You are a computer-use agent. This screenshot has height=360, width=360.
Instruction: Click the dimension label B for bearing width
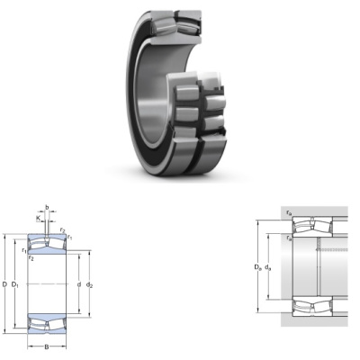(x=47, y=347)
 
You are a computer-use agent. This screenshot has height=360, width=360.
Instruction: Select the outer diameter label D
(x=4, y=283)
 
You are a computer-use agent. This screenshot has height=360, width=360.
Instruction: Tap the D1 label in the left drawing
(x=15, y=284)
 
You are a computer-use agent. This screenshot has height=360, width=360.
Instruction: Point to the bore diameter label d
(x=79, y=284)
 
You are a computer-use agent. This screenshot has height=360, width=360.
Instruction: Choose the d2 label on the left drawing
(x=89, y=284)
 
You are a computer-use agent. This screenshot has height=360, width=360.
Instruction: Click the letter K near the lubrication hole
(x=38, y=218)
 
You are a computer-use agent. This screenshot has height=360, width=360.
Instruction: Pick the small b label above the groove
(x=47, y=207)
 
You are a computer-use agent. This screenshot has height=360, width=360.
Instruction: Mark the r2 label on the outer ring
(x=62, y=230)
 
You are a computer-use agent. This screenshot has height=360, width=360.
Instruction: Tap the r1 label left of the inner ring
(x=24, y=250)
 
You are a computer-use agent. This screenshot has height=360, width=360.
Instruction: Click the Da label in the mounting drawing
(x=258, y=266)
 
